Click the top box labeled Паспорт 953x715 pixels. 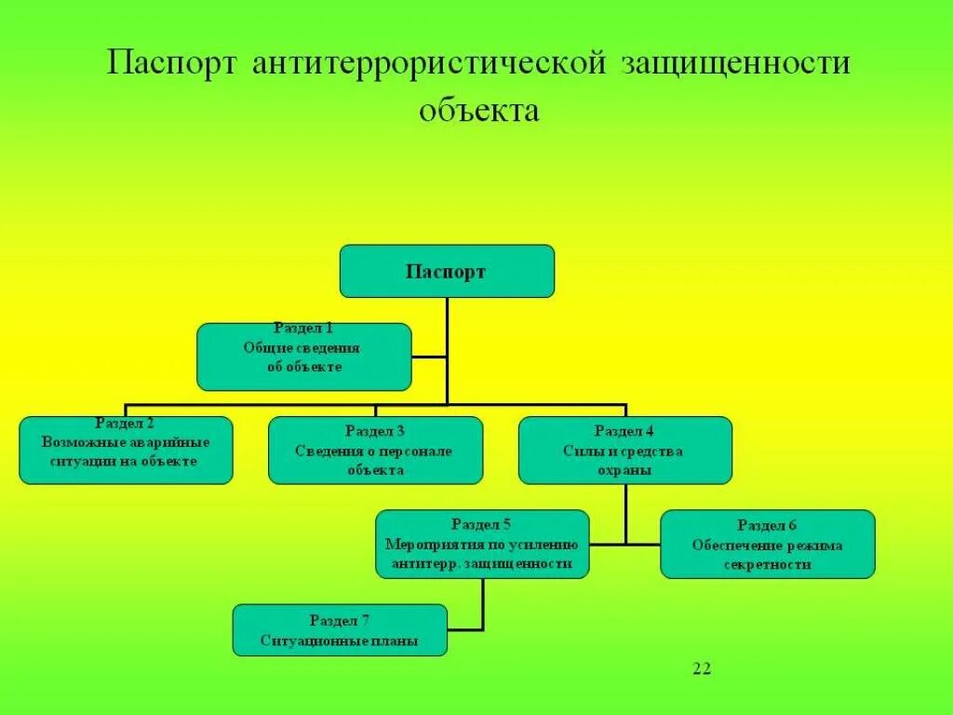tap(447, 271)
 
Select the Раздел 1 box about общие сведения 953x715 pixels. tap(303, 357)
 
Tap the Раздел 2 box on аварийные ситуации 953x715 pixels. tap(126, 451)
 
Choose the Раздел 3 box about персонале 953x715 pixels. tap(375, 451)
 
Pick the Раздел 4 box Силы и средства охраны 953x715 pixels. tap(624, 451)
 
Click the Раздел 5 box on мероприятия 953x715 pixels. tap(482, 544)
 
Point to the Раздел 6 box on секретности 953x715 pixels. tap(768, 544)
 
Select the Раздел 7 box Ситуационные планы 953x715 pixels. tap(340, 630)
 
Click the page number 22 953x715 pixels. tap(702, 668)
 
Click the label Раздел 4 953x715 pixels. tap(624, 431)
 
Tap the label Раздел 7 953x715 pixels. tap(340, 620)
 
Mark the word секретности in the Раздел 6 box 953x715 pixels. tap(768, 564)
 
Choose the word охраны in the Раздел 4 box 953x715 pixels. tap(624, 471)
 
